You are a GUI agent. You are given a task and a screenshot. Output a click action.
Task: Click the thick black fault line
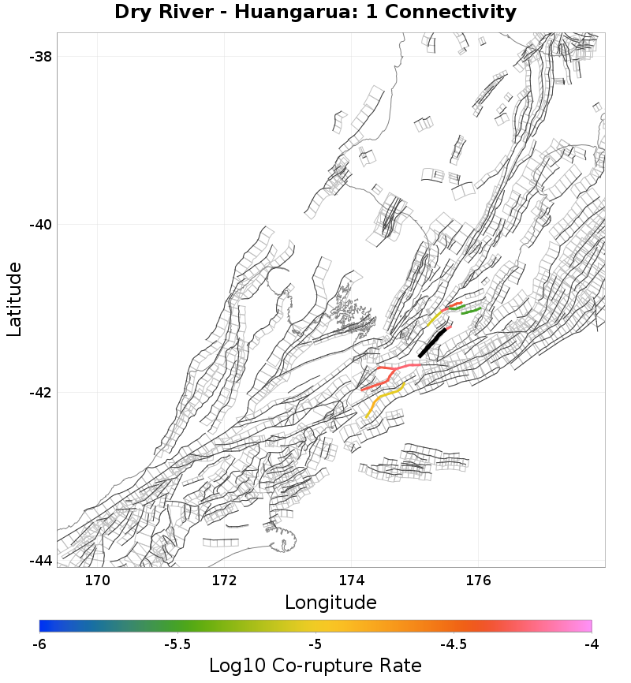point(431,343)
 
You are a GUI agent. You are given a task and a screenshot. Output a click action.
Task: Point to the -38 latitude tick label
point(40,57)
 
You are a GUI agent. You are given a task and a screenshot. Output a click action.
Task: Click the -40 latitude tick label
point(40,225)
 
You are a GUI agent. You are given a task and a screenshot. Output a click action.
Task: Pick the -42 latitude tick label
point(40,393)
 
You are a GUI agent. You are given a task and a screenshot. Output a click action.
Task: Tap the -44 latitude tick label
point(40,561)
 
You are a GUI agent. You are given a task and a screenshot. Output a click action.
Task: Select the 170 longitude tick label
point(98,581)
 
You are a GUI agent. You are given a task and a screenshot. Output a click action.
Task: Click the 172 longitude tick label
point(225,581)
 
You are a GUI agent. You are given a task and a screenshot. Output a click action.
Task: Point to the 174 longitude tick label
point(352,581)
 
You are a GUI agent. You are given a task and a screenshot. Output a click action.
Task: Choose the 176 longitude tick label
point(479,581)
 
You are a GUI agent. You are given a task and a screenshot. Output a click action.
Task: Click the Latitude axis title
point(15,300)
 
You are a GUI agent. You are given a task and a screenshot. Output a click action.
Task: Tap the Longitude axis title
point(330,603)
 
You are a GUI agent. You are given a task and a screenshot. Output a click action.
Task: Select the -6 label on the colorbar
point(39,644)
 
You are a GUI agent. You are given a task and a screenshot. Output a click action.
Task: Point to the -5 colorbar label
point(315,644)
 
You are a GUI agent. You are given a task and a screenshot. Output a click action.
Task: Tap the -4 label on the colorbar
point(592,644)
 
